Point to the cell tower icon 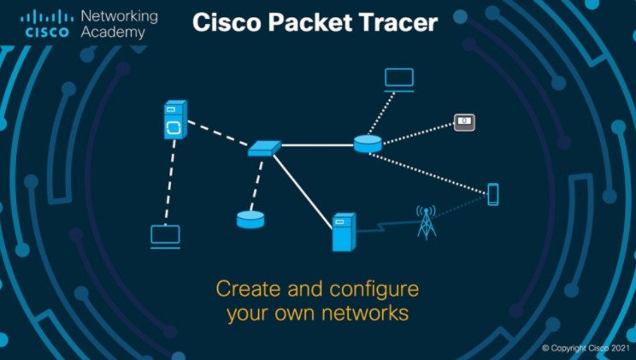click(425, 221)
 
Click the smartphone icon click(492, 194)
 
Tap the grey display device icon click(463, 122)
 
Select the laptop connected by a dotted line click(398, 80)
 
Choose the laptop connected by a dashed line click(165, 236)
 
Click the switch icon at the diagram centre click(263, 149)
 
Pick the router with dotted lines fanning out click(368, 144)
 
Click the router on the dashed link click(250, 219)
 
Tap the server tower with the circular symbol click(174, 121)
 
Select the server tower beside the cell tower click(343, 232)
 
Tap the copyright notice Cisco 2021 click(587, 349)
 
